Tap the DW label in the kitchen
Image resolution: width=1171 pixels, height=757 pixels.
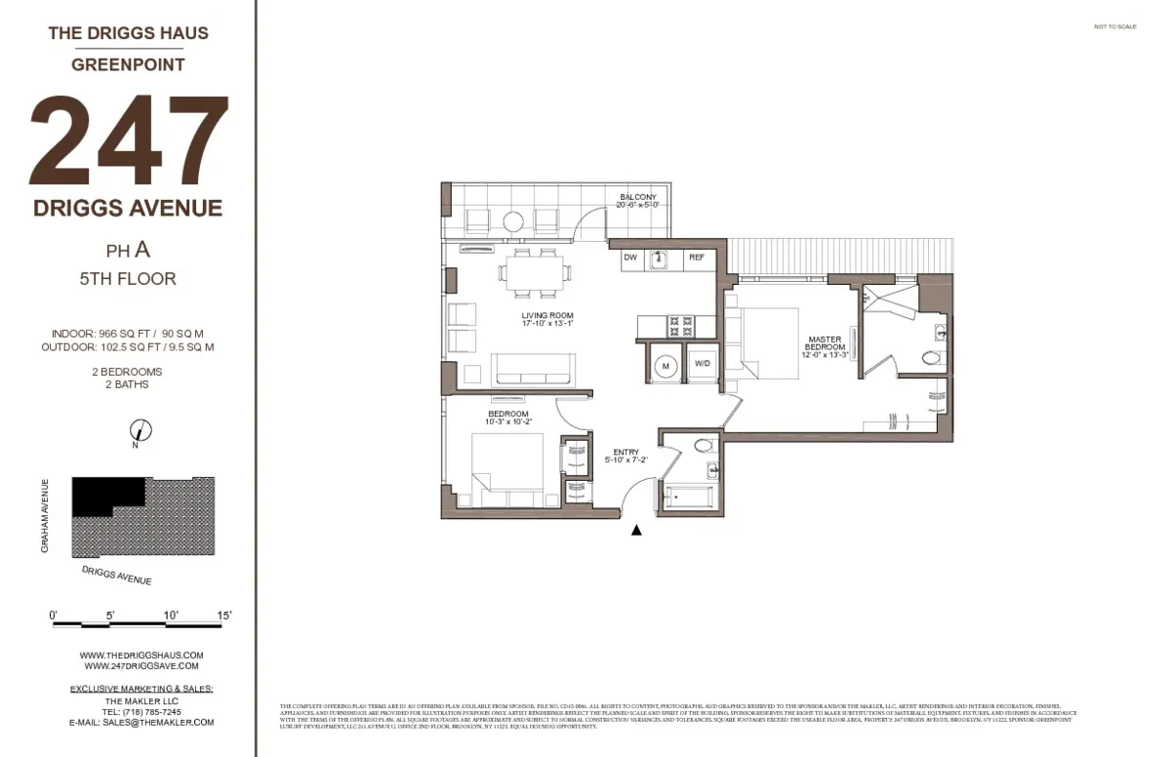point(630,258)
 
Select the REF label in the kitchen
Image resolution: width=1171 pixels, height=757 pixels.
point(697,258)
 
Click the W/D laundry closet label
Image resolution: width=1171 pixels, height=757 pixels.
point(702,364)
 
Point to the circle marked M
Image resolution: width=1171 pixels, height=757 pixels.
point(666,365)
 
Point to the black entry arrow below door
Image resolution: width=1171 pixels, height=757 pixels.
point(636,531)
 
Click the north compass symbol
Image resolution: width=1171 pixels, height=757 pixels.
point(141,429)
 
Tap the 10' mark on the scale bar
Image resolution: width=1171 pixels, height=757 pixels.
point(172,616)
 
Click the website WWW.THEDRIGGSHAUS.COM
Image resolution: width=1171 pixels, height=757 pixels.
point(141,655)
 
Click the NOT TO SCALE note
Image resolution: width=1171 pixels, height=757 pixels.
point(1115,27)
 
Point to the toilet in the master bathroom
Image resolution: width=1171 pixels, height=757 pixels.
point(930,358)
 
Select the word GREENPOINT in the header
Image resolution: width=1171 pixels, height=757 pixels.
point(129,65)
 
